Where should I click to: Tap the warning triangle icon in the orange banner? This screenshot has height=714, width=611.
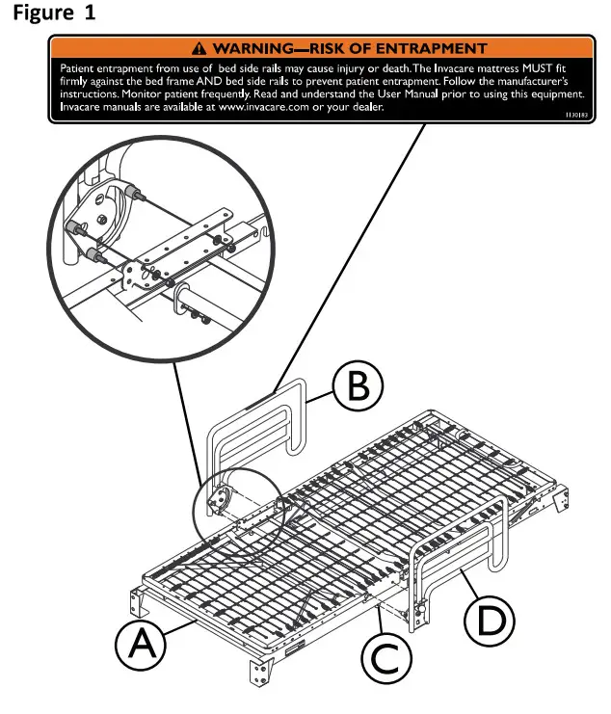199,47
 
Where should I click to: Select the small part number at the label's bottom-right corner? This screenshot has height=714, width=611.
575,114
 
